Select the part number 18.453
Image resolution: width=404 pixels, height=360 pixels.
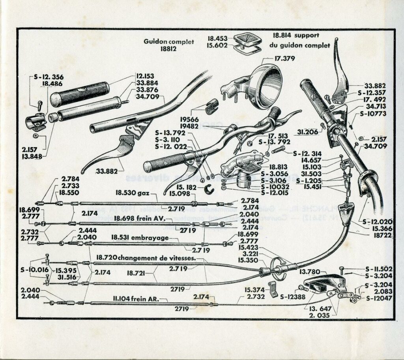(218, 39)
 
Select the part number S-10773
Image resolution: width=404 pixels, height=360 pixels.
(374, 114)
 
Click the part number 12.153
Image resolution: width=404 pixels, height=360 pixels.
(145, 76)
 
